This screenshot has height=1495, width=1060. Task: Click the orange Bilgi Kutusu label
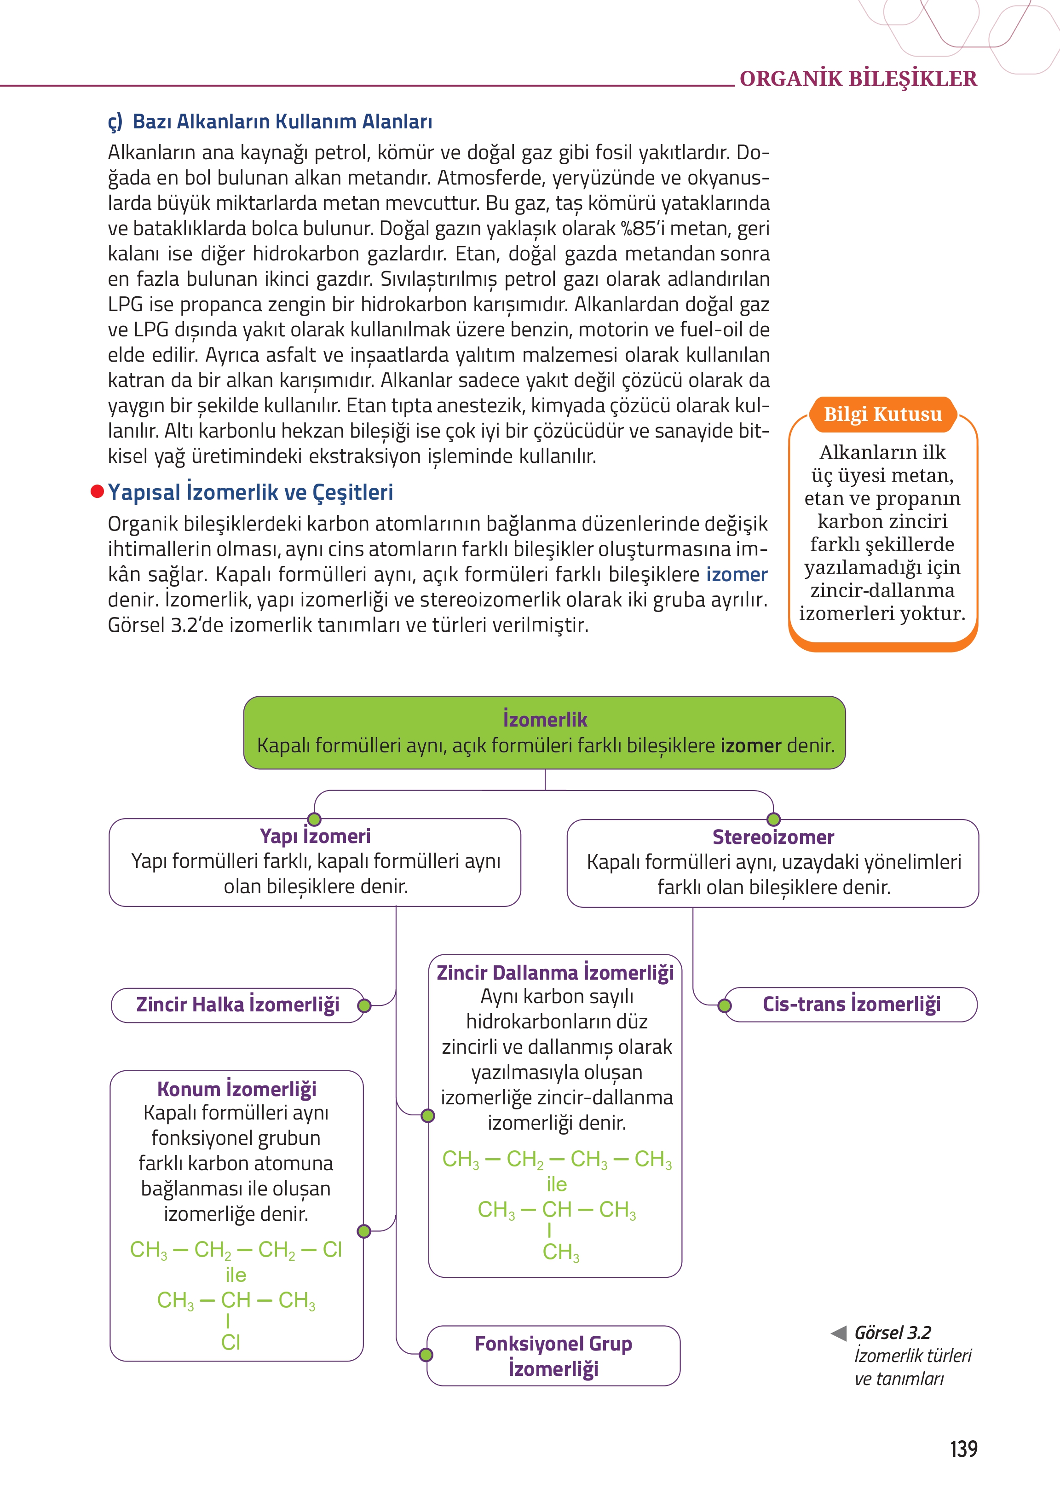882,414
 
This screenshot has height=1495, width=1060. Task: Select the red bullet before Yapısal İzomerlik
97,491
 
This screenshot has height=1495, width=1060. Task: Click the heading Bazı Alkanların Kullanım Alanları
282,121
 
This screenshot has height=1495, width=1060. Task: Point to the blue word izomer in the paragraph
736,575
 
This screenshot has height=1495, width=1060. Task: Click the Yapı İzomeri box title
315,836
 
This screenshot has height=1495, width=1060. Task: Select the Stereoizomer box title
773,837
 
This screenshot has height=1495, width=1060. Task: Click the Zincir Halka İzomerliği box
237,1004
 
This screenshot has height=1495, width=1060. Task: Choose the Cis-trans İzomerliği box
851,1004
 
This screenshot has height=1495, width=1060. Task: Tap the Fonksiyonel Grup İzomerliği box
553,1356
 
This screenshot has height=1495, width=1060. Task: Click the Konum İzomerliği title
236,1089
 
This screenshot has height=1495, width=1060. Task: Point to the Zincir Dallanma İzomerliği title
555,973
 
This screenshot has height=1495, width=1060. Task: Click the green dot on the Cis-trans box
725,1006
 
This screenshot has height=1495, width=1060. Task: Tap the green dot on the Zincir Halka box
364,1006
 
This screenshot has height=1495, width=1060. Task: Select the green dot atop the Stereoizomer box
773,820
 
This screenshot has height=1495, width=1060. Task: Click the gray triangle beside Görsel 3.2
839,1333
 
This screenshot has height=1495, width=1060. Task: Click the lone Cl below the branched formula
230,1342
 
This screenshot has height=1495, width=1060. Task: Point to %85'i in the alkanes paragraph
642,229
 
